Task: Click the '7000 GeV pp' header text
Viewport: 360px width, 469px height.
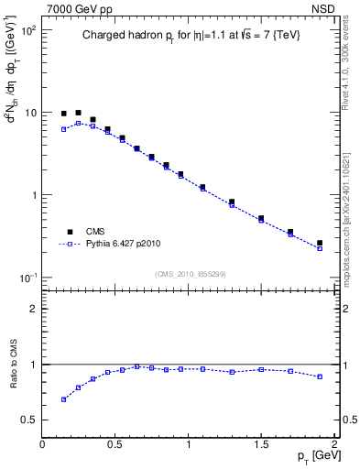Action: pyautogui.click(x=80, y=8)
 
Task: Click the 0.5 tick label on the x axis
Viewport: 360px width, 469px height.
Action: pyautogui.click(x=115, y=444)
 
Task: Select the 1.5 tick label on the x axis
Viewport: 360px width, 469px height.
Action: pyautogui.click(x=261, y=444)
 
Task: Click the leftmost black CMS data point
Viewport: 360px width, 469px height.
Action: pyautogui.click(x=63, y=114)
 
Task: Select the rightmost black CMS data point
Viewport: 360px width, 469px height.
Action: pyautogui.click(x=320, y=243)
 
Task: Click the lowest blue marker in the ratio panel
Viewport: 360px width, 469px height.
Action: pyautogui.click(x=63, y=399)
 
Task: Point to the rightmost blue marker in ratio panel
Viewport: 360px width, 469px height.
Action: pyautogui.click(x=320, y=376)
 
